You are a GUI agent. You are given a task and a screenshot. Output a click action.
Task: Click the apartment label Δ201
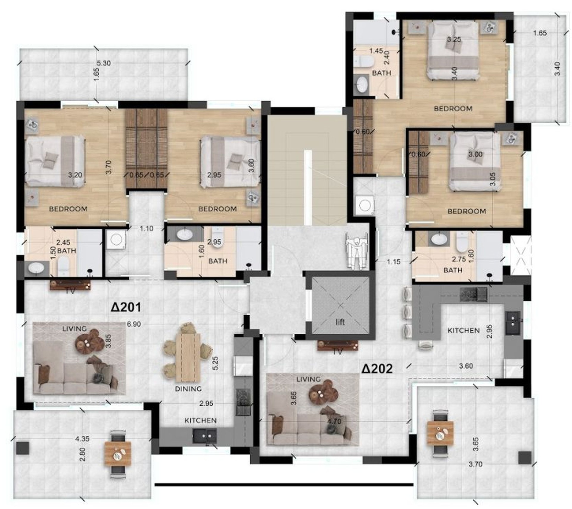click(126, 307)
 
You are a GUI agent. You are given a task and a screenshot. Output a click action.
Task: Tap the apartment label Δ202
click(377, 369)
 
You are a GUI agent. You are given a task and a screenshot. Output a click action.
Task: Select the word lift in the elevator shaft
click(340, 322)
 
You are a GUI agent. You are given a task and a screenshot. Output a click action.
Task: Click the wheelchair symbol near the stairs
click(356, 251)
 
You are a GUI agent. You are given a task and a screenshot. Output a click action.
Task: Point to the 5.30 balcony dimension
click(104, 63)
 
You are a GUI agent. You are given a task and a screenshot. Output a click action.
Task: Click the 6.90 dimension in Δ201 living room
click(134, 324)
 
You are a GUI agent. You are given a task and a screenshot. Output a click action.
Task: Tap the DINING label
click(188, 389)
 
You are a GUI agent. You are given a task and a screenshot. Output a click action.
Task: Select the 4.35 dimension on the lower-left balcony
click(82, 439)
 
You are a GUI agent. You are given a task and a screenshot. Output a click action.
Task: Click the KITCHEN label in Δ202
click(464, 330)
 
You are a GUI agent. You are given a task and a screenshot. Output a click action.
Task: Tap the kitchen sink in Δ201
click(204, 436)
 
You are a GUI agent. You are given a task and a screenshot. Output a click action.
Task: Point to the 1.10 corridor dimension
click(147, 229)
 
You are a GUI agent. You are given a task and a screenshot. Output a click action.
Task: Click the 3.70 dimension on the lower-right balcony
click(475, 464)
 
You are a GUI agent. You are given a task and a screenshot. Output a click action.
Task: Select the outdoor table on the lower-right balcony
click(440, 435)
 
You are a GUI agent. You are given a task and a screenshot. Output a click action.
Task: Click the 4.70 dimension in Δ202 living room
click(334, 421)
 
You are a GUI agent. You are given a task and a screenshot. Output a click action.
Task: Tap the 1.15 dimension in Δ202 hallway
click(394, 262)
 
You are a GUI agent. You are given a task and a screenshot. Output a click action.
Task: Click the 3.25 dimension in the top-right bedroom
click(454, 39)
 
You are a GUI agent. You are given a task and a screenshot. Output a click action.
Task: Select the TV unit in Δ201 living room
click(70, 286)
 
